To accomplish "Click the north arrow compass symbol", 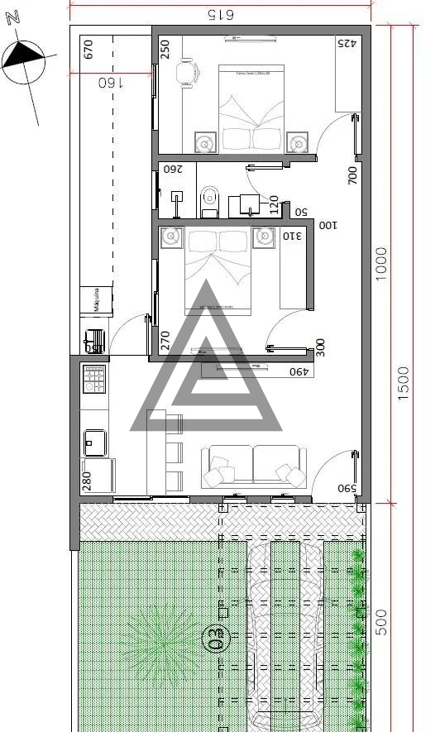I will [23, 61].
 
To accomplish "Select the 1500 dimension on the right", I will [404, 385].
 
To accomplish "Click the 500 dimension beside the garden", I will [381, 621].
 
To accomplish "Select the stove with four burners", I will [93, 379].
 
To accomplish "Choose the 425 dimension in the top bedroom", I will [346, 44].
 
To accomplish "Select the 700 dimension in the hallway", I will [352, 175].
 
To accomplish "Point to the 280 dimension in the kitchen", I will [87, 482].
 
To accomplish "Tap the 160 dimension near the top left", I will [110, 83].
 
